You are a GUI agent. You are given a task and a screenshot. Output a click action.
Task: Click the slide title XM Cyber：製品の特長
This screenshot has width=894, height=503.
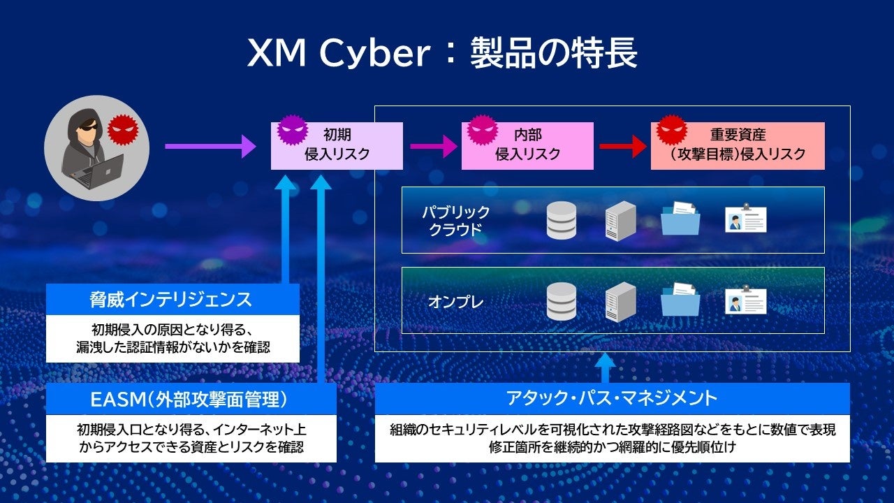pyautogui.click(x=442, y=54)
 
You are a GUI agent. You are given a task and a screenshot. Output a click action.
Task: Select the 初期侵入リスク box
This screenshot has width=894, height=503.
pyautogui.click(x=337, y=145)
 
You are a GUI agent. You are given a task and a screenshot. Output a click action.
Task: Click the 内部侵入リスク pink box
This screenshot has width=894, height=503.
pyautogui.click(x=527, y=145)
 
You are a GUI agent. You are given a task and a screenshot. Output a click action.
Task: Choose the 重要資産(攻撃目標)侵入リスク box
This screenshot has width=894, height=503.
pyautogui.click(x=738, y=145)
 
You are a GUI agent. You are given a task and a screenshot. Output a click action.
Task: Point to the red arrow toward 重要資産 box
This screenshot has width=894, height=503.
pyautogui.click(x=622, y=146)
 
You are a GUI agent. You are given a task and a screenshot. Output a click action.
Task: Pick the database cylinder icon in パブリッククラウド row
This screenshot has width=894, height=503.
pyautogui.click(x=561, y=221)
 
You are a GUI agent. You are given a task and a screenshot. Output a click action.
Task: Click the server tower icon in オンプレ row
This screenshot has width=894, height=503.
pyautogui.click(x=620, y=301)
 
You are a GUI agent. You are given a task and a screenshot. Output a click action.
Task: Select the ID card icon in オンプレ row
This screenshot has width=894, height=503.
pyautogui.click(x=745, y=301)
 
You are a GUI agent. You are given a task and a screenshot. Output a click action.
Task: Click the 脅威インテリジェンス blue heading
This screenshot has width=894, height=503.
pyautogui.click(x=173, y=300)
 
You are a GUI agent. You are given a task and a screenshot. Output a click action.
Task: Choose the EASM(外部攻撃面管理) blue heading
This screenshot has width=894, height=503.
pyautogui.click(x=191, y=400)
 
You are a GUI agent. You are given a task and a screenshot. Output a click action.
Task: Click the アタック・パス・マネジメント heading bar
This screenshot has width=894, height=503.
pyautogui.click(x=612, y=398)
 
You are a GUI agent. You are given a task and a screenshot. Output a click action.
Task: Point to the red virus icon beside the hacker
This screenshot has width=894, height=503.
pyautogui.click(x=123, y=131)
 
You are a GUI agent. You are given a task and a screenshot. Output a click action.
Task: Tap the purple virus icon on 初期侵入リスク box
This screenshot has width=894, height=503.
pyautogui.click(x=292, y=129)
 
